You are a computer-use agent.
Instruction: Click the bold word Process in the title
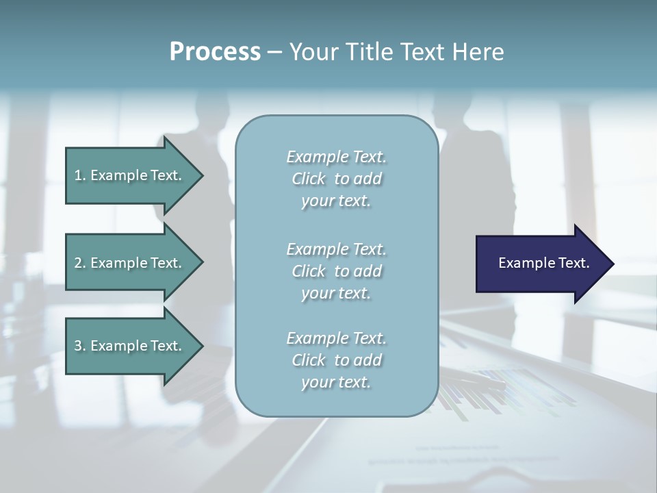[215, 52]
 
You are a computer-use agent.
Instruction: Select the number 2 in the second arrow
[79, 263]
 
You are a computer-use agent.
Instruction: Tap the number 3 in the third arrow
[79, 346]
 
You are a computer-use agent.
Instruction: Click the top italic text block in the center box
[336, 179]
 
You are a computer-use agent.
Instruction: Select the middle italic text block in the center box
[336, 271]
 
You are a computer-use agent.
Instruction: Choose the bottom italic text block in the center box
[336, 360]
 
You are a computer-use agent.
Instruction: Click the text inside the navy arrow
[544, 263]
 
